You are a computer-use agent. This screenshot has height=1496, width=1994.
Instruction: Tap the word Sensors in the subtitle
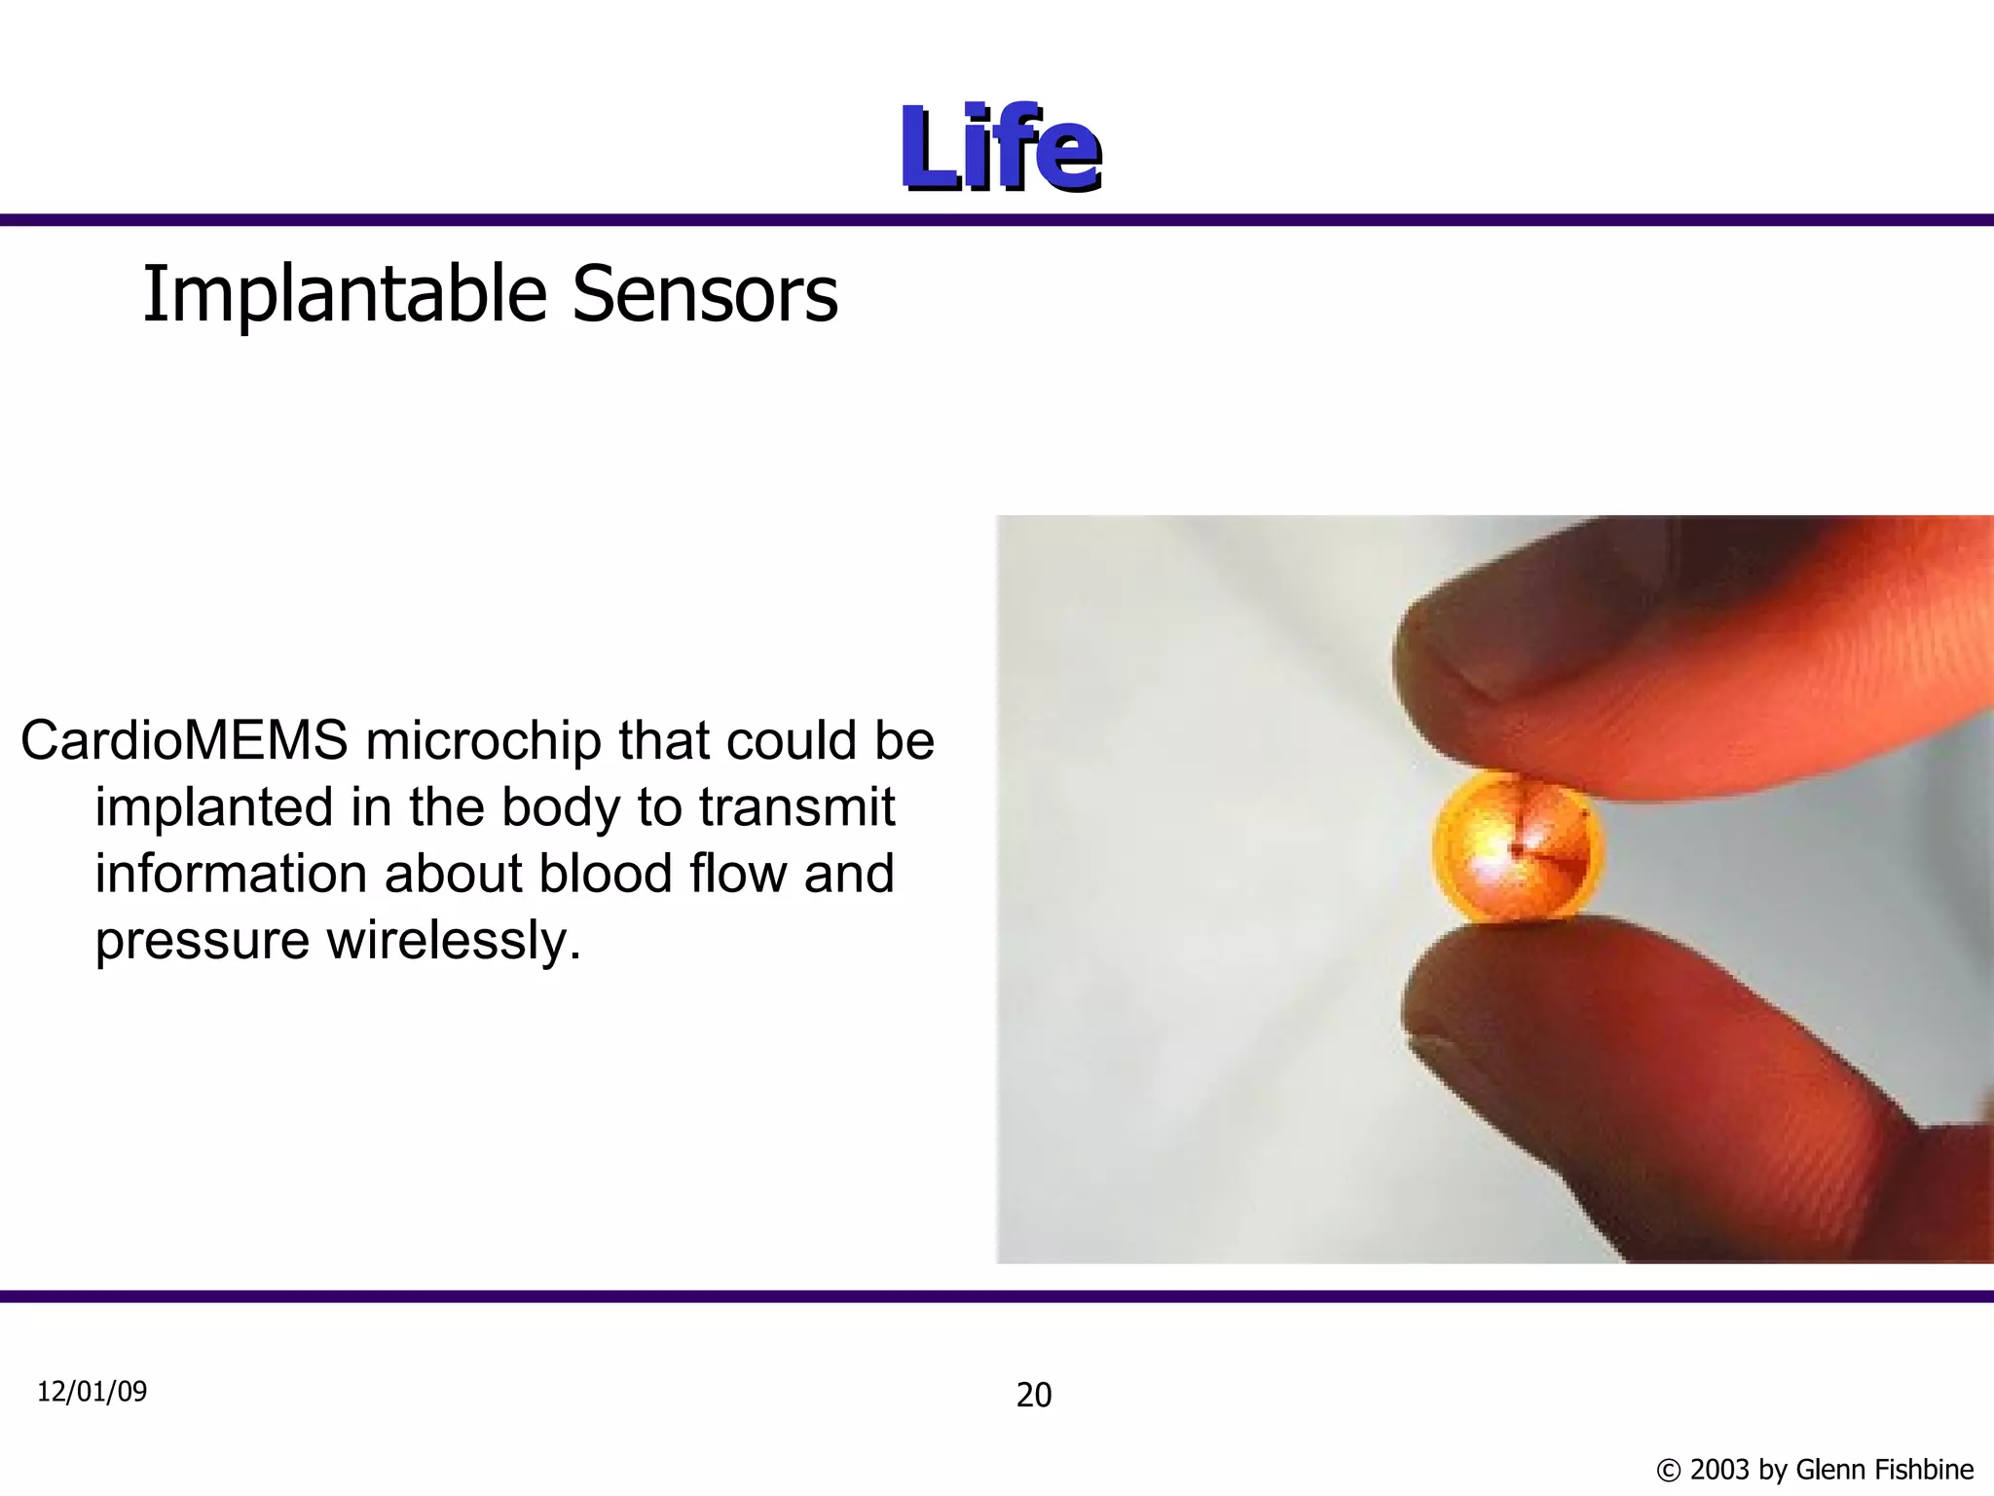click(704, 295)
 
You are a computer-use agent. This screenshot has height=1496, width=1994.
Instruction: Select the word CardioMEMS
click(184, 741)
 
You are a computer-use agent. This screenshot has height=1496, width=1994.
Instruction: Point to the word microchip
click(482, 741)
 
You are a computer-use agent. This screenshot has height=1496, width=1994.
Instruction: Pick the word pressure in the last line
click(202, 940)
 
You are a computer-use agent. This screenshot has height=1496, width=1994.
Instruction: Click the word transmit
click(796, 807)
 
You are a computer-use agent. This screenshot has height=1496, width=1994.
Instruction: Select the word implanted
click(214, 807)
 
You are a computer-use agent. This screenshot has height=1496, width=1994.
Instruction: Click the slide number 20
click(1034, 1395)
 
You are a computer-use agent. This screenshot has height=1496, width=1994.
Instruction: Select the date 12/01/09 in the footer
click(92, 1391)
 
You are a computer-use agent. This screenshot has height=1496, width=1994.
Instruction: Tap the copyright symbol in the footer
click(1668, 1470)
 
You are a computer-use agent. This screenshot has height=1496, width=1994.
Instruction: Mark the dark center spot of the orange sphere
click(1517, 849)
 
